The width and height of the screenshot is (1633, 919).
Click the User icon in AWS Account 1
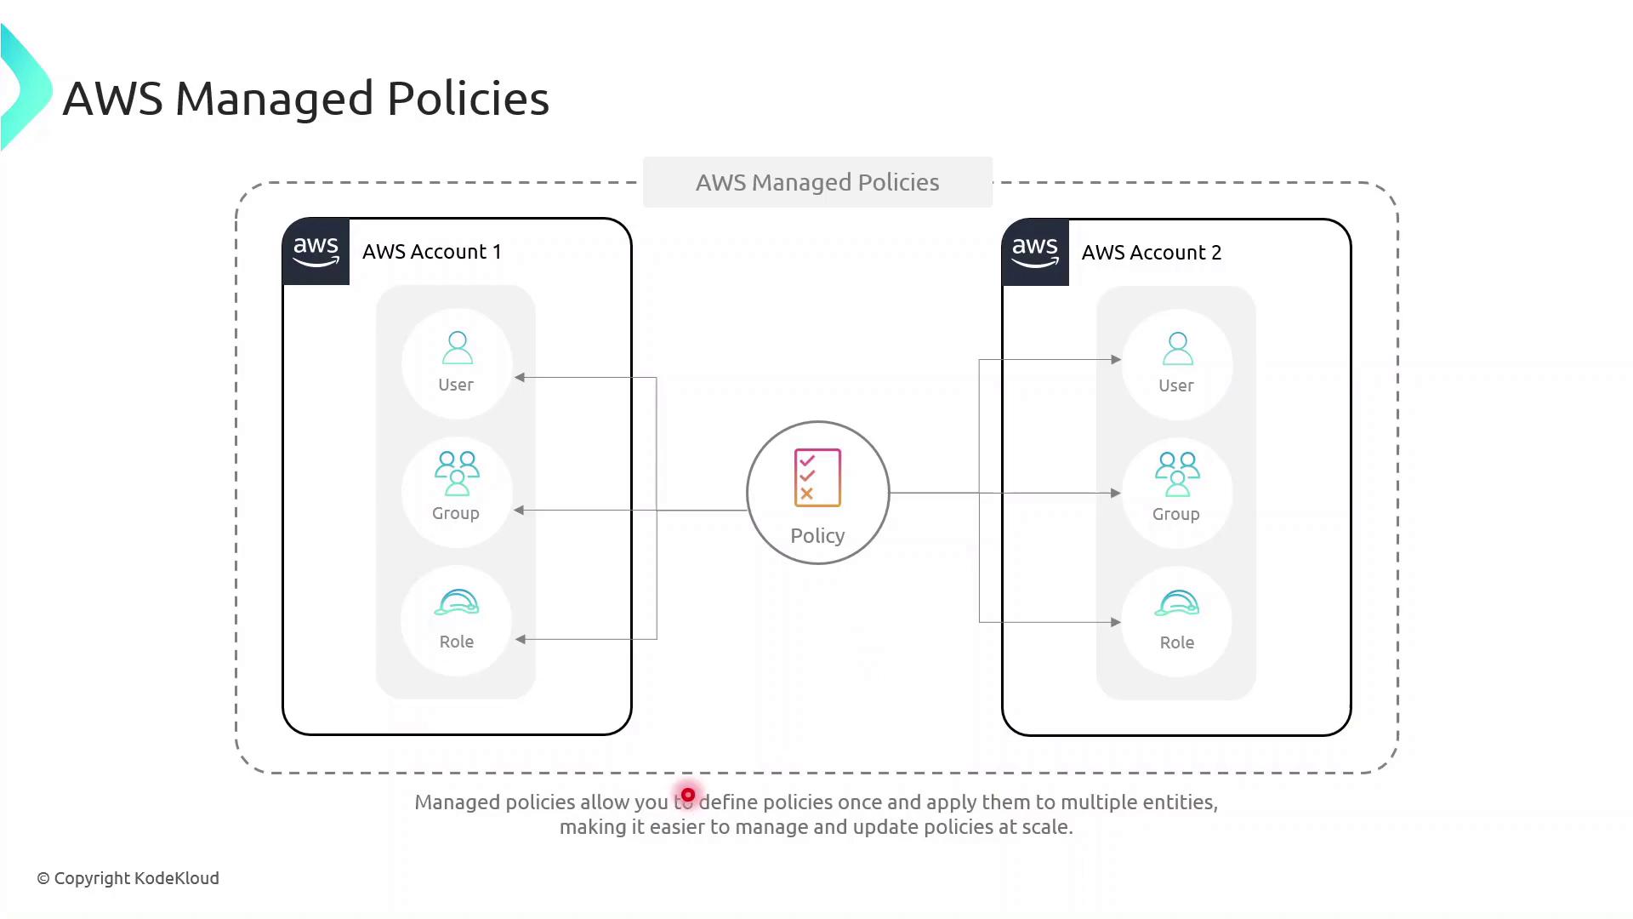tap(457, 347)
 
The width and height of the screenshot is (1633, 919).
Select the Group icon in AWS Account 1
tap(457, 473)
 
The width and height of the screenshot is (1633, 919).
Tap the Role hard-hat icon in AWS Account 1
tap(457, 602)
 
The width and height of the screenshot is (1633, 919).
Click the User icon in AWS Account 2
tap(1177, 348)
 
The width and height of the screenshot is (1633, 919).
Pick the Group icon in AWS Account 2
tap(1177, 474)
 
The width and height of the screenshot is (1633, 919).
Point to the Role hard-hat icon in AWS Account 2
tap(1177, 603)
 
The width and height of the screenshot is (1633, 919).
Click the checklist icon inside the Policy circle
tap(817, 478)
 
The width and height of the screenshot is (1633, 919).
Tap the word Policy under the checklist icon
tap(817, 536)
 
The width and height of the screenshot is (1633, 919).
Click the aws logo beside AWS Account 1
tap(316, 251)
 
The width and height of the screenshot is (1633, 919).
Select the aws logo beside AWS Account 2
tap(1035, 252)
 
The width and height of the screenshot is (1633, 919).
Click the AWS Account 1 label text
tap(431, 252)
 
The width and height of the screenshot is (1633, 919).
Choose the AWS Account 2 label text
tap(1151, 253)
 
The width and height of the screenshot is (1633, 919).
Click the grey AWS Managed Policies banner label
tap(817, 182)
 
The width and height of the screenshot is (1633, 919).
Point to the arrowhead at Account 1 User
tap(520, 377)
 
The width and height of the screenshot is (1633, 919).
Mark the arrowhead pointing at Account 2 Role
tap(1115, 622)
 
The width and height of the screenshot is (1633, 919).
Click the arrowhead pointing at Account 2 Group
tap(1115, 493)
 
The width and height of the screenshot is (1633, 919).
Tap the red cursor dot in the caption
tap(688, 795)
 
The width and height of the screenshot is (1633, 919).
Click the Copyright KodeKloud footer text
tap(128, 878)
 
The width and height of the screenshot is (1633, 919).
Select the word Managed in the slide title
tap(274, 99)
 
